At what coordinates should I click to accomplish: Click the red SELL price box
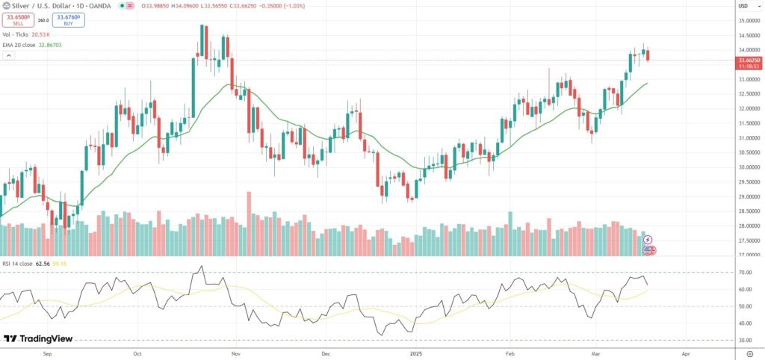pyautogui.click(x=17, y=20)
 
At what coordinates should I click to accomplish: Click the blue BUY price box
pyautogui.click(x=68, y=20)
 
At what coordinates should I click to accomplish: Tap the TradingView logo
pyautogui.click(x=39, y=338)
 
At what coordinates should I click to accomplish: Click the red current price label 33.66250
pyautogui.click(x=748, y=60)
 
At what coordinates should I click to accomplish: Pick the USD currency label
pyautogui.click(x=743, y=6)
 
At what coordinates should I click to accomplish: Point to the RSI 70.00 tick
pyautogui.click(x=744, y=273)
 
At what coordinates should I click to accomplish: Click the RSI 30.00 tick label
pyautogui.click(x=744, y=341)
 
